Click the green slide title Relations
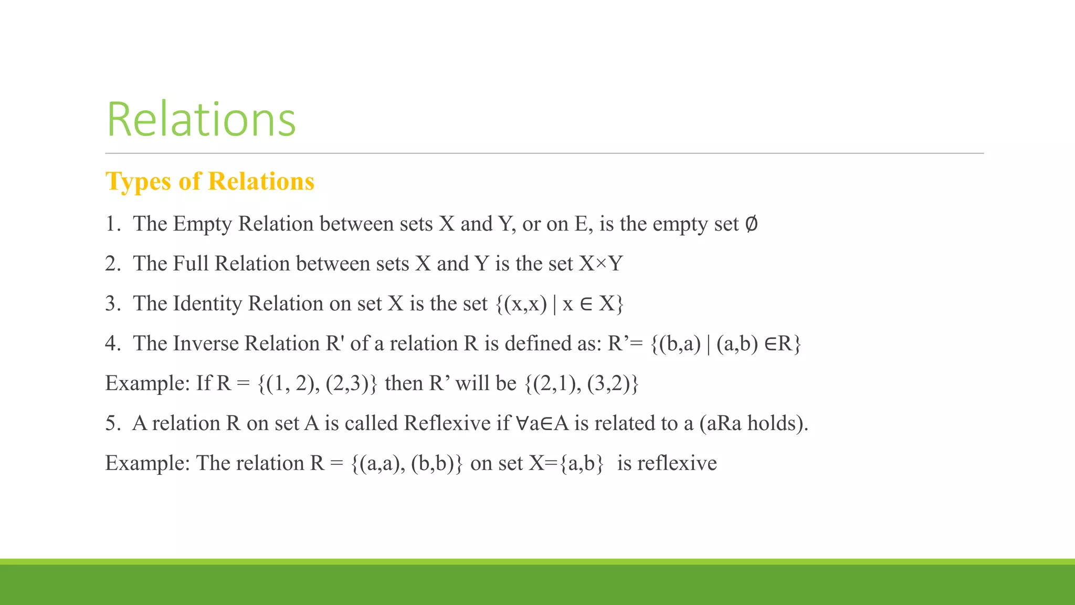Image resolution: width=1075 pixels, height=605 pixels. coord(201,120)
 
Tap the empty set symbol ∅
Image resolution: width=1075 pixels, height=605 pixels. coord(751,224)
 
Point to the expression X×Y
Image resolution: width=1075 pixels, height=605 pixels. coord(600,264)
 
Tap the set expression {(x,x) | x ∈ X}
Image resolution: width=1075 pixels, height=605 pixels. coord(559,304)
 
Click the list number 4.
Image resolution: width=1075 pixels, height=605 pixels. coord(112,343)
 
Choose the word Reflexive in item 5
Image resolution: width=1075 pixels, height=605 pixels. coord(447,423)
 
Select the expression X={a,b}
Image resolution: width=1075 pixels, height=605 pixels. coord(566,463)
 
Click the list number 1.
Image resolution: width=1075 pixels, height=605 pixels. coord(112,224)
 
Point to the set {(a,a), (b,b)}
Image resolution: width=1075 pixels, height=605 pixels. coord(407,463)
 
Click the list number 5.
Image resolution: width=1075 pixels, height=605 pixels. coord(112,423)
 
